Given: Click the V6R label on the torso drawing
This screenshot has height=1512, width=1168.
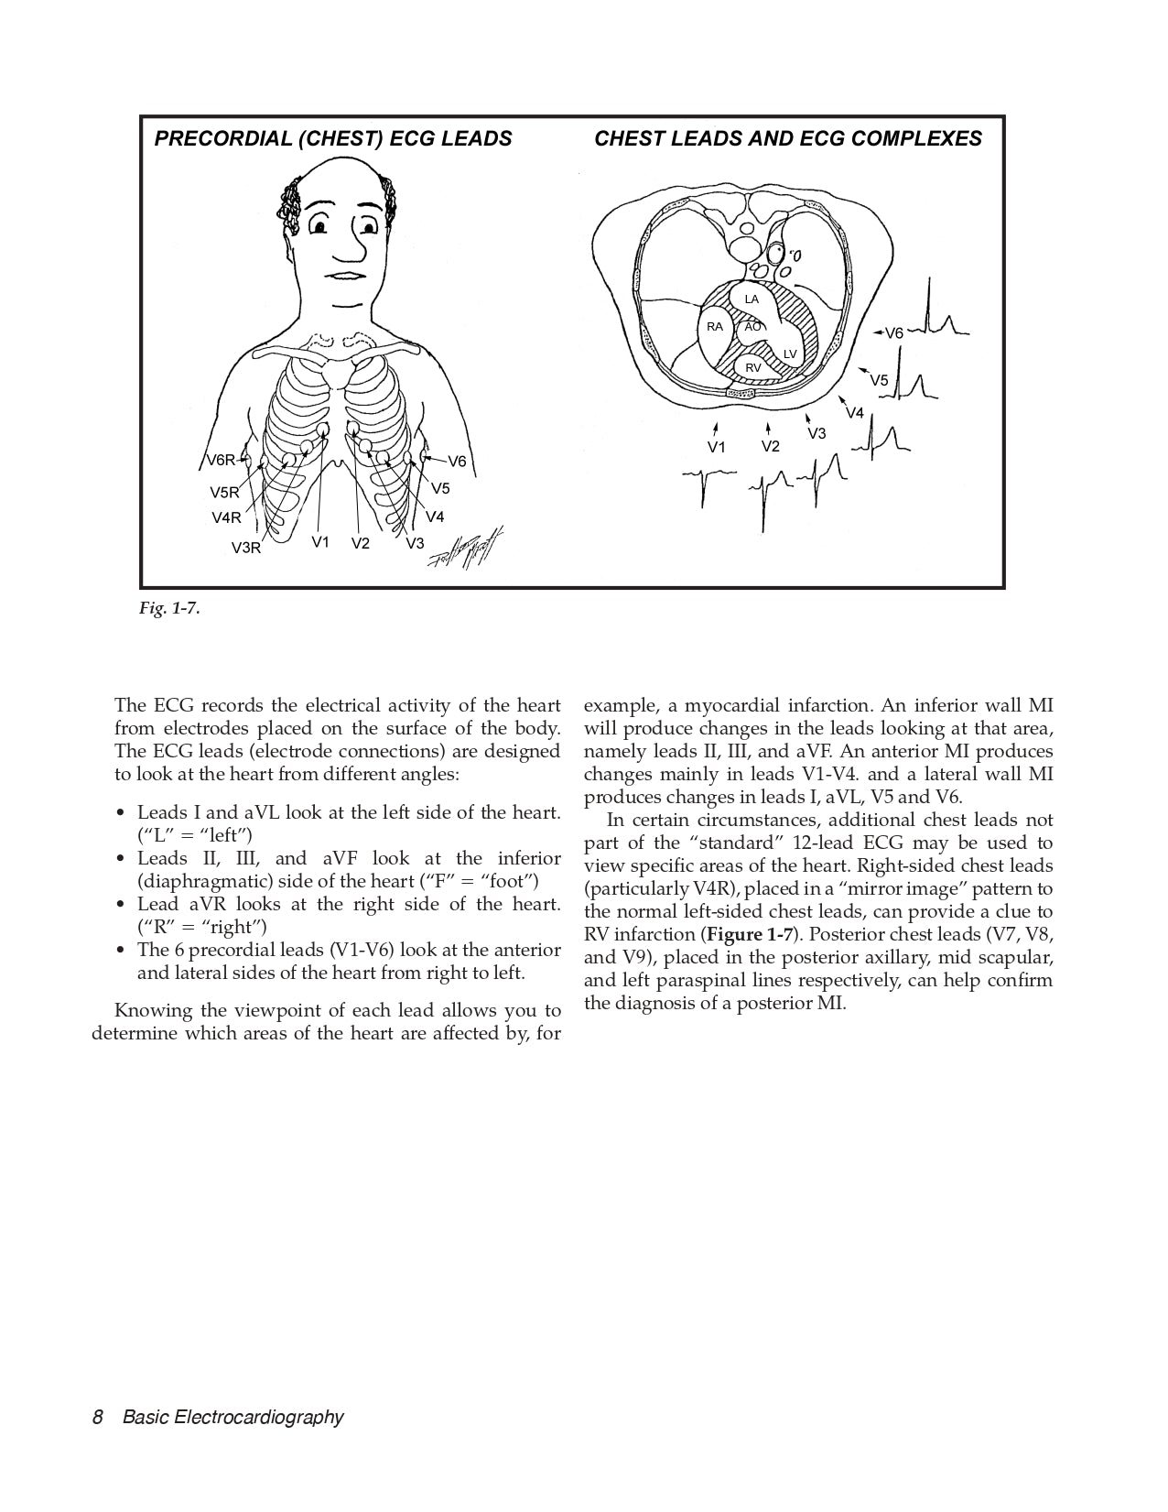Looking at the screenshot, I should coord(221,461).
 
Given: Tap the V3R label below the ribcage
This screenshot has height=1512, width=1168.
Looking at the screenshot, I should coord(245,549).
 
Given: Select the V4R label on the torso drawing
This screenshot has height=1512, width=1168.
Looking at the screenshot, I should coord(226,517).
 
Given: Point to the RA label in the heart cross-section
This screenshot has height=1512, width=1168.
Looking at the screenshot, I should coord(715,327).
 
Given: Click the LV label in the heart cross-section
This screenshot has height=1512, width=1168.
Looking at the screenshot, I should coord(790,354).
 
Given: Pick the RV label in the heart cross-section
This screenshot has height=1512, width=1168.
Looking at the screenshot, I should coord(752,367).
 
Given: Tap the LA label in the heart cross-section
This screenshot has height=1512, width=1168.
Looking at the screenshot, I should coord(752,299).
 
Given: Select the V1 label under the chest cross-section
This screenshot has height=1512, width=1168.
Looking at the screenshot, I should coord(716,447).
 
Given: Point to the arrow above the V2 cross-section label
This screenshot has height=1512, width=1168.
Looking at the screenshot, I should coord(768,428).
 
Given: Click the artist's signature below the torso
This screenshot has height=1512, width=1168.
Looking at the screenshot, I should coord(466,552).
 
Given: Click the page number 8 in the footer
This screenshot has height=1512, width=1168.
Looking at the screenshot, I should coord(97,1418).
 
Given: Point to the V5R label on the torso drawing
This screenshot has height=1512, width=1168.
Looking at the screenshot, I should coord(223,493).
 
